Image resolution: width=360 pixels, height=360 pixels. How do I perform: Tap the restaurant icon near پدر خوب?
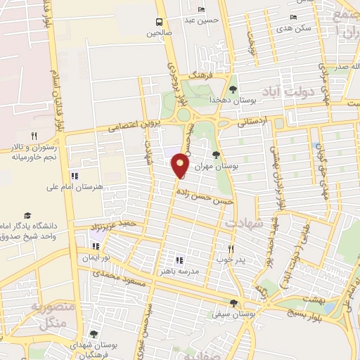[x=230, y=249]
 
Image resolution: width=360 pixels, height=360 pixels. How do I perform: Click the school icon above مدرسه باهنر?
[x=179, y=259]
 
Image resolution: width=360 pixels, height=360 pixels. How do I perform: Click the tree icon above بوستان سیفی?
[x=233, y=304]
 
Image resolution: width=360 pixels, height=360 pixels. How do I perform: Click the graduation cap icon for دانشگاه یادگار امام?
[x=27, y=216]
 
